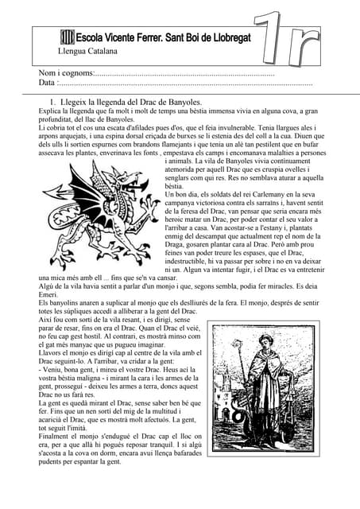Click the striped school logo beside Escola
click(x=68, y=37)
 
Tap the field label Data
click(x=47, y=83)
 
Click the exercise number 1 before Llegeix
click(x=52, y=103)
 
